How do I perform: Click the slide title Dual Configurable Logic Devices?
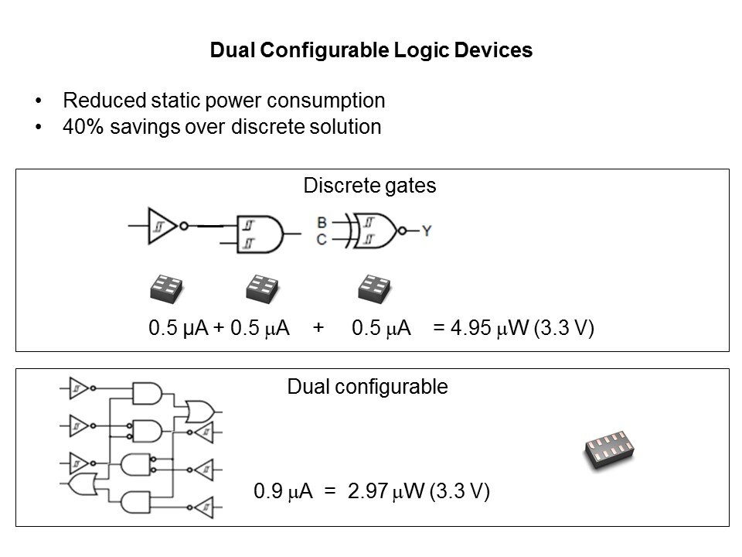[371, 51]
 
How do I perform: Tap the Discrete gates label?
[370, 186]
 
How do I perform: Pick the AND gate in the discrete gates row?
[264, 231]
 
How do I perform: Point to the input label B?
[322, 223]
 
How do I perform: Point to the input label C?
[322, 240]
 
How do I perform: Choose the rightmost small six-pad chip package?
[376, 289]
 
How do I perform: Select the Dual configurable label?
[367, 387]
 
